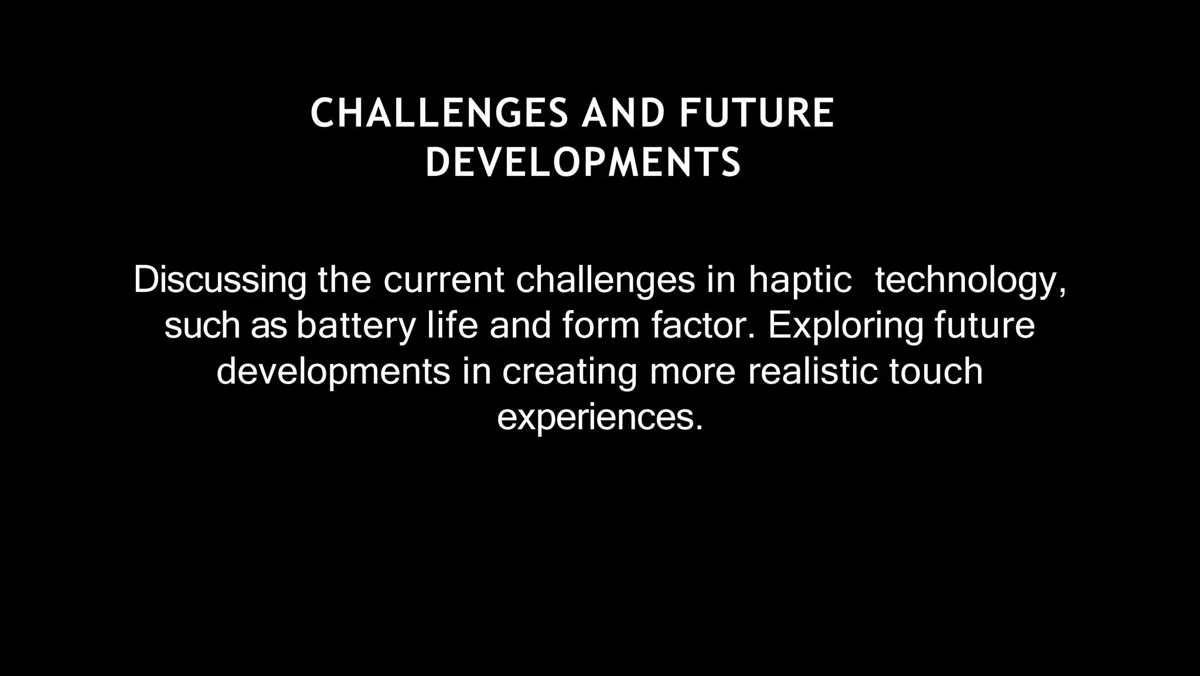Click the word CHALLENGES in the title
(439, 113)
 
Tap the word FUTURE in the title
(756, 113)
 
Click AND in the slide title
(623, 113)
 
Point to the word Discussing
(220, 280)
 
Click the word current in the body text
(444, 280)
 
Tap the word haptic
(800, 280)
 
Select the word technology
(970, 280)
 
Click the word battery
(356, 326)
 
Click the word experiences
(599, 417)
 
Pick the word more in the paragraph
(692, 372)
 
